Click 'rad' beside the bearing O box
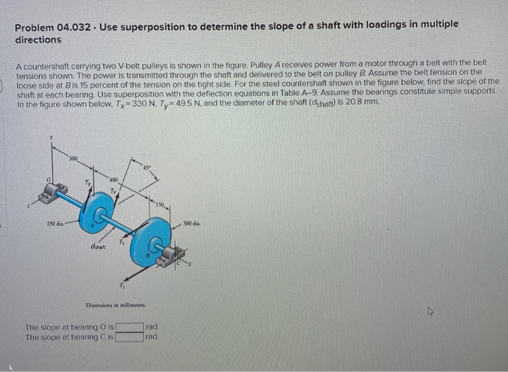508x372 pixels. (151, 327)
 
